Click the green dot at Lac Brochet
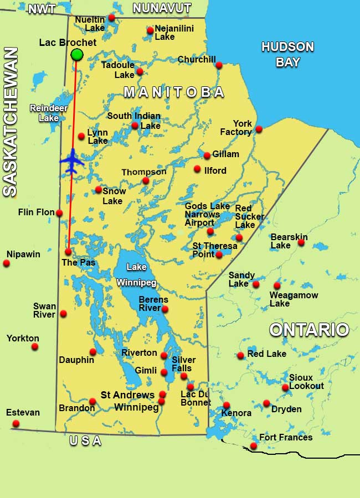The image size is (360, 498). tap(77, 54)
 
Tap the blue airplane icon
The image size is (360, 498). tap(72, 161)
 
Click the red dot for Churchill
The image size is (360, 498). tap(219, 65)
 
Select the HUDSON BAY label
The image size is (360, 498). tap(287, 54)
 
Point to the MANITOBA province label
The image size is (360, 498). tap(174, 92)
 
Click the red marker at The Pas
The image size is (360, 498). tap(68, 252)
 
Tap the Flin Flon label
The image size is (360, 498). tap(37, 212)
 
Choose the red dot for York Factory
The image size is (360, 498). tap(259, 129)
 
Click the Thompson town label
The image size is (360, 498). tap(144, 172)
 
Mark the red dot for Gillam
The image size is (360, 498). tap(207, 155)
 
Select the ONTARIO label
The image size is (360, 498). tap(309, 330)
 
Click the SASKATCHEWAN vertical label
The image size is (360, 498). tap(11, 122)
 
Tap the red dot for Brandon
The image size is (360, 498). tap(92, 402)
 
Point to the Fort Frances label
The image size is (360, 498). tap(286, 438)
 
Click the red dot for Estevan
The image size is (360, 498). tap(16, 424)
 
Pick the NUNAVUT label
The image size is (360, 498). tap(162, 8)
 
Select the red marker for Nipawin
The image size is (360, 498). tap(7, 263)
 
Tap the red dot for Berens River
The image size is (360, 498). tap(164, 309)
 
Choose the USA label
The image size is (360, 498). tap(86, 441)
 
